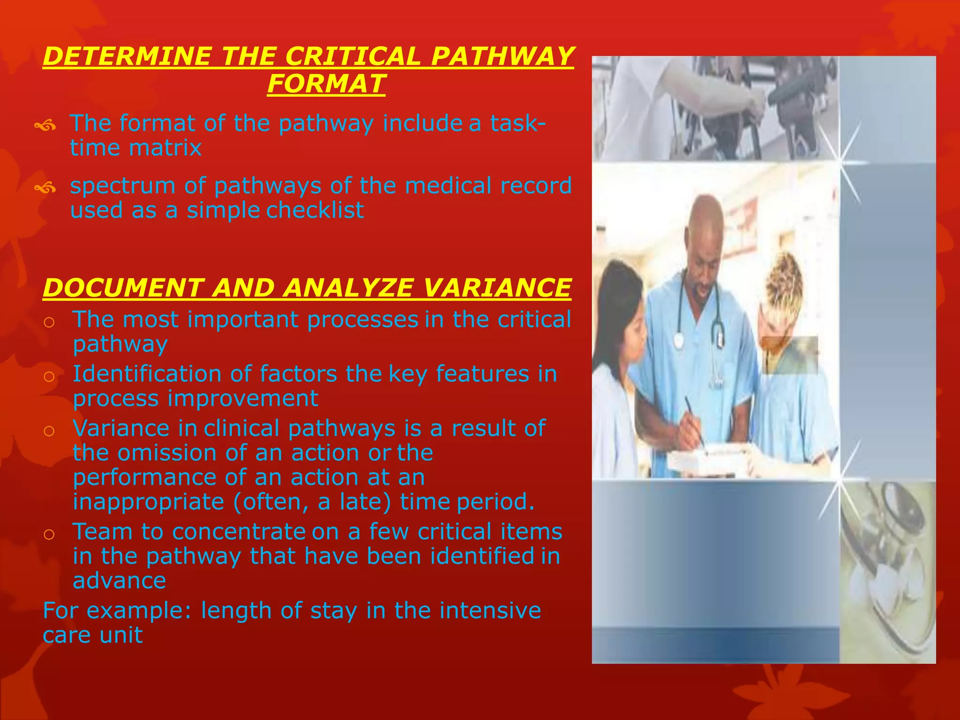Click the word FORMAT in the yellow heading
(x=326, y=84)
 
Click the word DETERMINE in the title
(x=127, y=56)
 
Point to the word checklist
(x=315, y=210)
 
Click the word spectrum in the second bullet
(x=122, y=186)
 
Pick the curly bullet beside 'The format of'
(x=45, y=126)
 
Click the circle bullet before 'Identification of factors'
(x=49, y=376)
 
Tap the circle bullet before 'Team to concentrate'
(x=49, y=534)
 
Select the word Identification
(x=147, y=374)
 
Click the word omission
(x=167, y=453)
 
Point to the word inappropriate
(x=149, y=502)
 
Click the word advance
(x=120, y=581)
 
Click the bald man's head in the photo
(x=706, y=234)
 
